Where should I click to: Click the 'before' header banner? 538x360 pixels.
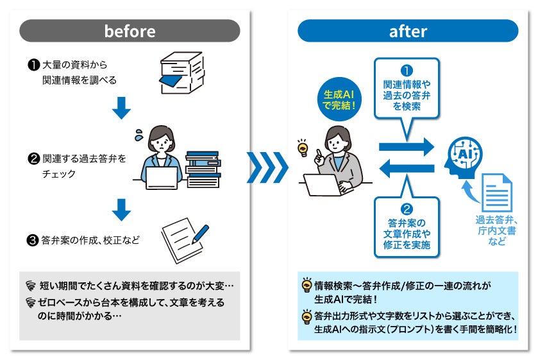pyautogui.click(x=130, y=31)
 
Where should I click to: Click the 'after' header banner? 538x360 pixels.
pyautogui.click(x=408, y=31)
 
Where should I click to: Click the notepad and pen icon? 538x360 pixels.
pyautogui.click(x=185, y=236)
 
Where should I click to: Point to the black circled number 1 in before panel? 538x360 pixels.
pyautogui.click(x=32, y=65)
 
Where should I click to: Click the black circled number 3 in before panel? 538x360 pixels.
pyautogui.click(x=32, y=241)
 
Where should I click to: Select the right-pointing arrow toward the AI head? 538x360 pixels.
pyautogui.click(x=407, y=146)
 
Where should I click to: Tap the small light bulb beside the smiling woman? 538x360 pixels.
pyautogui.click(x=301, y=150)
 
